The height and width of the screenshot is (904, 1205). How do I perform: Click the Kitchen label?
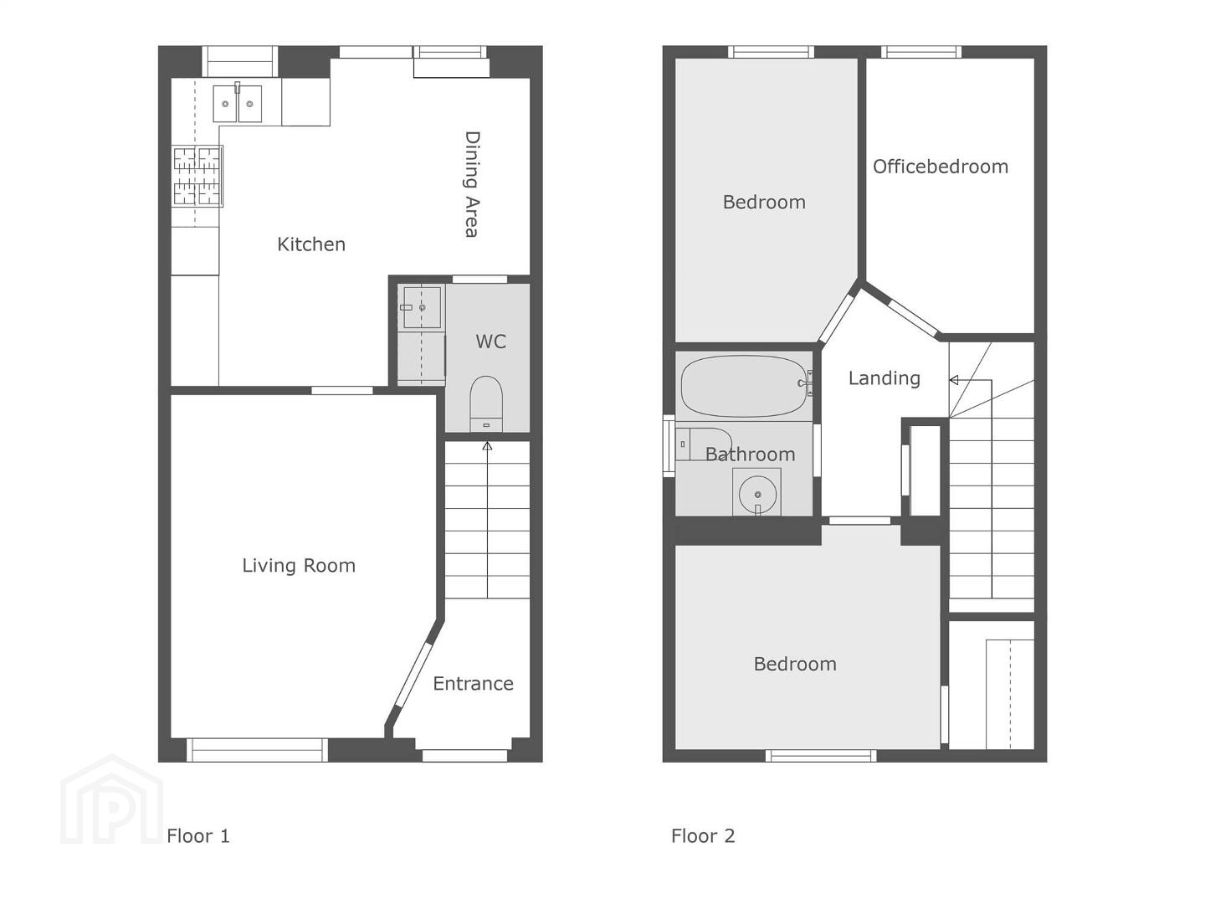point(311,244)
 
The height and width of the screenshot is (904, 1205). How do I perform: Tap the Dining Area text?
point(472,184)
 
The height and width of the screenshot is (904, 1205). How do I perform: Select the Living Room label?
point(299,565)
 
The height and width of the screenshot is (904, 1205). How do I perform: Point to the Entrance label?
point(474,683)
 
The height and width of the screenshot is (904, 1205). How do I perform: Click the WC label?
point(490,342)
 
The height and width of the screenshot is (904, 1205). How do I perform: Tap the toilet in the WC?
point(486,403)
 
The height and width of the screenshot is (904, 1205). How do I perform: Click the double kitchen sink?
point(237,103)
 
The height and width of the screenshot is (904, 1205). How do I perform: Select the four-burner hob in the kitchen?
point(197,176)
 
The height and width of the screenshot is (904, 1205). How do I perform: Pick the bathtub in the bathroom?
point(744,387)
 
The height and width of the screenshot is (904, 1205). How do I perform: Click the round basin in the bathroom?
point(757,495)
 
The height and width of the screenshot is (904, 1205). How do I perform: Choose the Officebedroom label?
point(941,167)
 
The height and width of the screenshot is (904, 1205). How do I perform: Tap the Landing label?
point(885,378)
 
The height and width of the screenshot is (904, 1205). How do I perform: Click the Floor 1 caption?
point(198,836)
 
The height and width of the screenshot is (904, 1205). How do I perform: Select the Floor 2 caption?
point(703,836)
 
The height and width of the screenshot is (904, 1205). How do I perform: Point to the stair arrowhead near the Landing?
point(954,380)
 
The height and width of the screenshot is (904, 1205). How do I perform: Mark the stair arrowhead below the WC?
point(487,446)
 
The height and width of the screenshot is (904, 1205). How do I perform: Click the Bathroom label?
point(750,455)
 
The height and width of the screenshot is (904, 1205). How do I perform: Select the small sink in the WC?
point(422,307)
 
